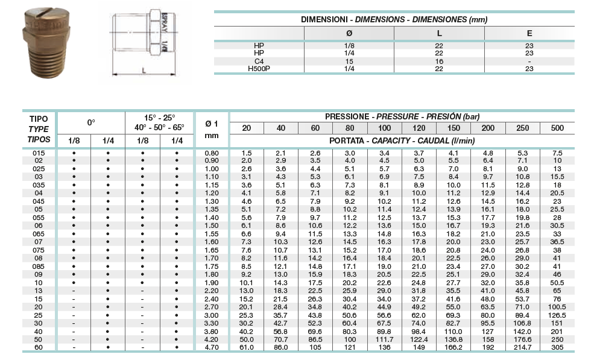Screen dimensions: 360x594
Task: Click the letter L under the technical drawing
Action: click(x=144, y=71)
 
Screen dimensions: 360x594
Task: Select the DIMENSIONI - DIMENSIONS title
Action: click(x=394, y=19)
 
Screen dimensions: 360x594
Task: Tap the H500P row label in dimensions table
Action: click(x=259, y=69)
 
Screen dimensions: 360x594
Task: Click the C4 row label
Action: click(x=259, y=61)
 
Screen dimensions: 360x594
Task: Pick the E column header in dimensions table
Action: click(x=529, y=33)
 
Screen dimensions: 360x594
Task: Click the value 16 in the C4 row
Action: click(x=439, y=61)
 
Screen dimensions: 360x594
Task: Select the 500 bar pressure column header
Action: click(x=558, y=128)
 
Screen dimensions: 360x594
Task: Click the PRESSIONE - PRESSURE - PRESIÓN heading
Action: click(x=402, y=116)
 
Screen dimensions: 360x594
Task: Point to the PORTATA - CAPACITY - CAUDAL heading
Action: click(x=402, y=141)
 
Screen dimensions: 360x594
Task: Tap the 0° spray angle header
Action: click(x=91, y=122)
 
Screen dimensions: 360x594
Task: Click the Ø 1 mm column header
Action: click(x=212, y=128)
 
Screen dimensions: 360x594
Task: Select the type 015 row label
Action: click(x=38, y=154)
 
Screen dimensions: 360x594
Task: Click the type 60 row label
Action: click(x=38, y=348)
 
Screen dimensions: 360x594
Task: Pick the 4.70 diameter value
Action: click(x=212, y=348)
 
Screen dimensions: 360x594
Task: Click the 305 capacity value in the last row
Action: click(x=558, y=348)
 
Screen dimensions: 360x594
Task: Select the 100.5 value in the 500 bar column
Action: click(x=558, y=308)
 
